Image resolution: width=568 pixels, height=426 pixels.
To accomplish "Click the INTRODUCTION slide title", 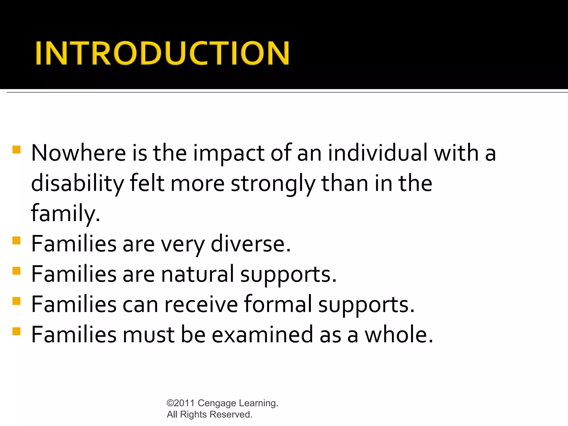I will (162, 53).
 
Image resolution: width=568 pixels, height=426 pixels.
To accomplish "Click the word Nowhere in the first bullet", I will (78, 153).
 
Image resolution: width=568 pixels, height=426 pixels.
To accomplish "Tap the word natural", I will (197, 274).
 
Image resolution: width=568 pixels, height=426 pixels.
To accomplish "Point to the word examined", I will (262, 335).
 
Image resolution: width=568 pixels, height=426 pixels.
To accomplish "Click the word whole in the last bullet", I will (398, 335).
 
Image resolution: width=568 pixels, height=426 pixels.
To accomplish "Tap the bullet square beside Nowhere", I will (16, 150).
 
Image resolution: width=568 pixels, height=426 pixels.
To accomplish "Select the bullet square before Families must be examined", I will (16, 331).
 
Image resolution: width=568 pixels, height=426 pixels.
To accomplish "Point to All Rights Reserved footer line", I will (209, 414).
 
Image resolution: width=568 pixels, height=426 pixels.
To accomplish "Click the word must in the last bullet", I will (148, 335).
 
